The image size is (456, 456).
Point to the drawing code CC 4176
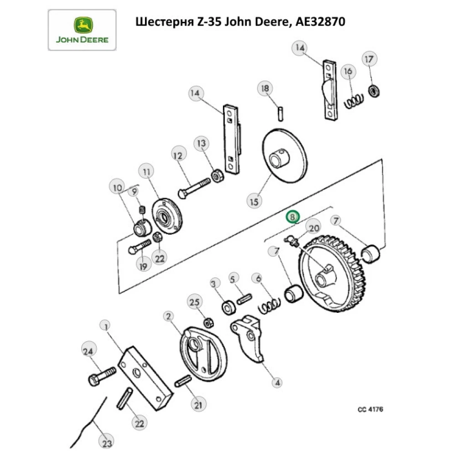[x=370, y=409]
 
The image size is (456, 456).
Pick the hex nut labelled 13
[x=218, y=174]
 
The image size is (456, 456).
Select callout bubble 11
[x=146, y=172]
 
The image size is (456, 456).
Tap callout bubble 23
[x=107, y=443]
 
